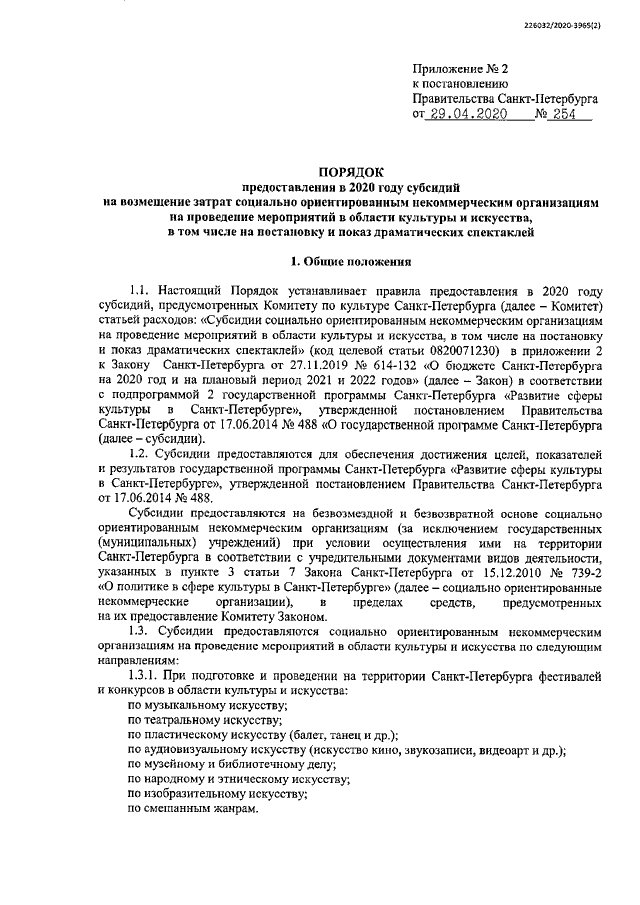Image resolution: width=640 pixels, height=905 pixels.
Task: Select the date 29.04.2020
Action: [x=467, y=116]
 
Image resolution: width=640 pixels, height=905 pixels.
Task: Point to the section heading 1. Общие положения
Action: [x=350, y=263]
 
